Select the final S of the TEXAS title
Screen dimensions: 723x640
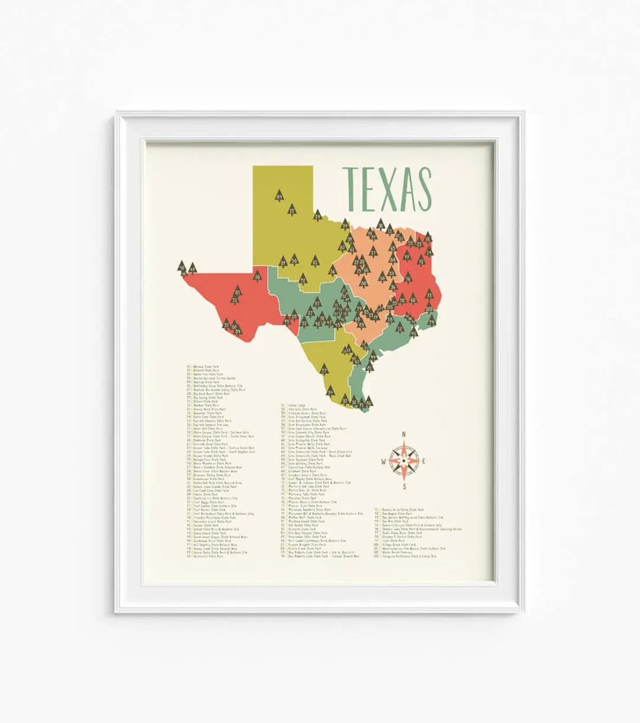(423, 189)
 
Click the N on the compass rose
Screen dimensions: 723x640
(404, 434)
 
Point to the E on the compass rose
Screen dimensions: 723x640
(425, 461)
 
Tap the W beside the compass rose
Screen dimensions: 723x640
(383, 461)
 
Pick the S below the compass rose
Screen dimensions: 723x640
(404, 488)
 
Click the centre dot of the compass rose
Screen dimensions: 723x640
(404, 461)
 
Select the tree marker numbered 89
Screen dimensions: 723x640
(279, 196)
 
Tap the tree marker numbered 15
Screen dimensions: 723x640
(292, 209)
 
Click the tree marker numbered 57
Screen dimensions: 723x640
(324, 370)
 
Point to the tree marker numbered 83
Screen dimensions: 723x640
(238, 292)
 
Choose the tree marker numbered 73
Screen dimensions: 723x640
(429, 295)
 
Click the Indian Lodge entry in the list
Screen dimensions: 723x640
(297, 406)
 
